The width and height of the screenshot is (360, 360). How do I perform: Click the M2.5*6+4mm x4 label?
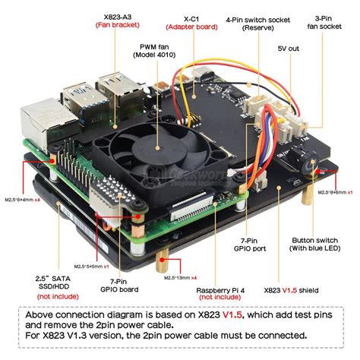point(25,200)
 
